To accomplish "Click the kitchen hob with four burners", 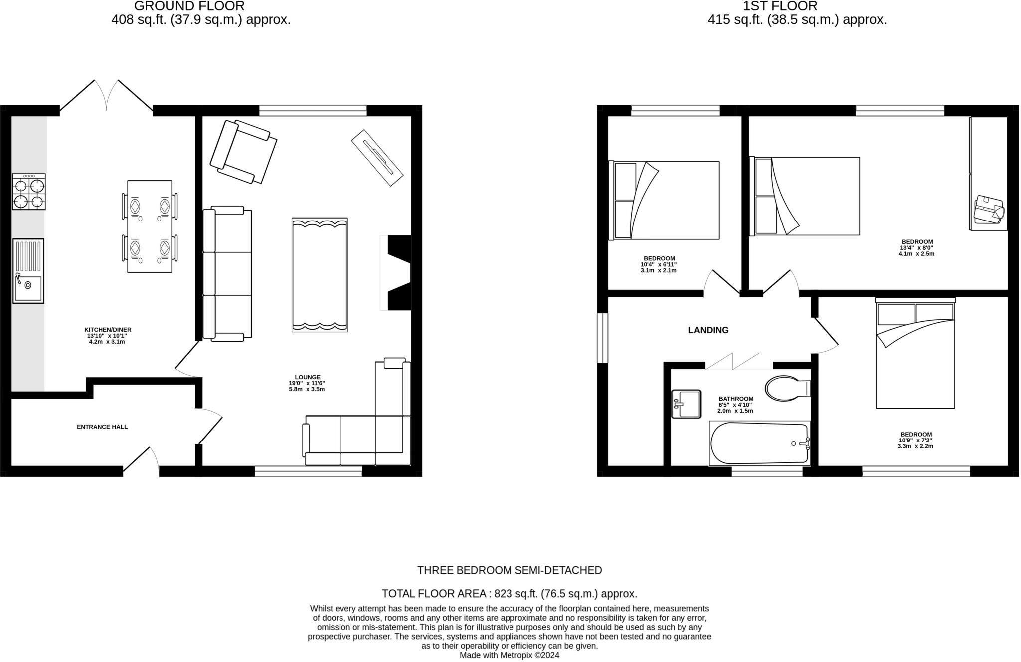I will coord(29,192).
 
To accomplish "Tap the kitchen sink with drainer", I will coord(28,271).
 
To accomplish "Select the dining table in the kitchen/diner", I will coord(150,226).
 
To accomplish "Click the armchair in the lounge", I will coord(243,152).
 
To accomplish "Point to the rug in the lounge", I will coord(320,274).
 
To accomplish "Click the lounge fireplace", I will coord(397,273).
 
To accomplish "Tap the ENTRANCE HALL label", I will coord(102,427).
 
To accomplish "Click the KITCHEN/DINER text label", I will coord(108,330).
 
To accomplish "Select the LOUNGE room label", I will coord(307,378).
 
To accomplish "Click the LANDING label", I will coord(708,330).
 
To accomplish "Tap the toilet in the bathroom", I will coord(786,388).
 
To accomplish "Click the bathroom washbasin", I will coord(686,404).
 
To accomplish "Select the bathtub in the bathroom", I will coord(759,443).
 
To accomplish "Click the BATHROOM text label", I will coord(736,399).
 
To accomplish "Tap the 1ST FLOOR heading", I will coord(780,6).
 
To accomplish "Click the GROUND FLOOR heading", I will coord(189,6).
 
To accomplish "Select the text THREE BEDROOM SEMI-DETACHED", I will coord(510,570).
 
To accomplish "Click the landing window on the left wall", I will coord(603,338).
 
